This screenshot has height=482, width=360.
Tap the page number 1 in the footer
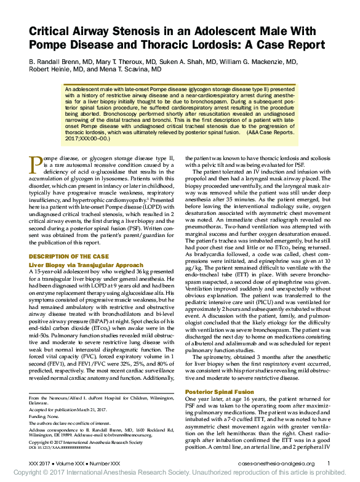pyautogui.click(x=329, y=463)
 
